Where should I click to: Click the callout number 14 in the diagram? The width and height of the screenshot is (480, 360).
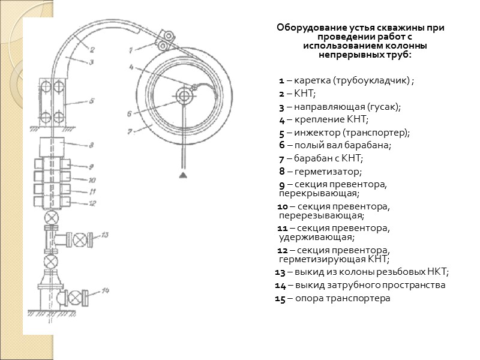tap(106, 291)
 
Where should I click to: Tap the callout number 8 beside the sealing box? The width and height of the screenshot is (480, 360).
tap(91, 145)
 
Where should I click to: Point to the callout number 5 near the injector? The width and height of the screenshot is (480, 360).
tap(91, 101)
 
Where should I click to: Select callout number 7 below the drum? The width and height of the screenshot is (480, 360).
tap(128, 131)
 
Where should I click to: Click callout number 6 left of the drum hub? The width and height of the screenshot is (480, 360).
tap(129, 112)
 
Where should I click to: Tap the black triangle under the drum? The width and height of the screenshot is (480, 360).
tap(182, 175)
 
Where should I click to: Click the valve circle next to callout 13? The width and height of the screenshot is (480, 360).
tap(79, 239)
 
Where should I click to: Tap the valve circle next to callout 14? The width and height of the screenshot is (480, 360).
tap(76, 298)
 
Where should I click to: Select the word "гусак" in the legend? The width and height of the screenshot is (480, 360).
tap(382, 107)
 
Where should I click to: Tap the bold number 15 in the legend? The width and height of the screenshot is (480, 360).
tap(280, 298)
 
